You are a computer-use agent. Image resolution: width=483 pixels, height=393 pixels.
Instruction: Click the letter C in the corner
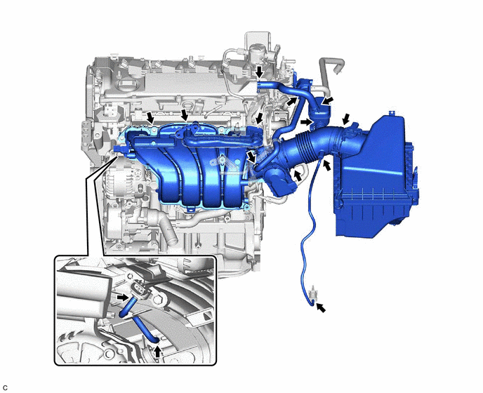5,388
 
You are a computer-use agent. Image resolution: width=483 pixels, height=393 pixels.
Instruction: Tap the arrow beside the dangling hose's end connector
321,307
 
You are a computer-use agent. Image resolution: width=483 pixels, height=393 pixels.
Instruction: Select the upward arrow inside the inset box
158,352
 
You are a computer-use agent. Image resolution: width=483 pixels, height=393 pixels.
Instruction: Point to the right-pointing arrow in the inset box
123,298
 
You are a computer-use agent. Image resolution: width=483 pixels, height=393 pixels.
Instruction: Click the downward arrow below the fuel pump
260,72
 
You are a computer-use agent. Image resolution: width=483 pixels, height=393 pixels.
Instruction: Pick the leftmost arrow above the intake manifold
150,118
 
